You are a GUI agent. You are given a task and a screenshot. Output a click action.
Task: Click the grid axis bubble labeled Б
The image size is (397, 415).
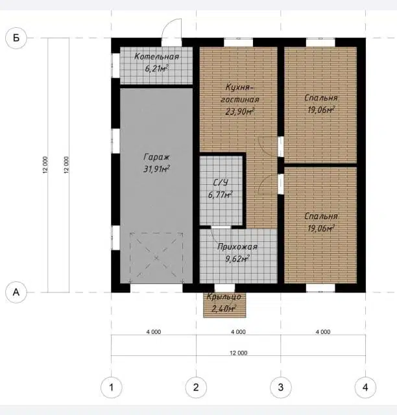16,38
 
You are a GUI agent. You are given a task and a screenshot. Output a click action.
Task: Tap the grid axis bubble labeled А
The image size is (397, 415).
16,292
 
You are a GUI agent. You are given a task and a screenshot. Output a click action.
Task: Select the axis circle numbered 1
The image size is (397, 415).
111,388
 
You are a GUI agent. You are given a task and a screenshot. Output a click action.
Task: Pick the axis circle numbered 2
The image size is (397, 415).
196,388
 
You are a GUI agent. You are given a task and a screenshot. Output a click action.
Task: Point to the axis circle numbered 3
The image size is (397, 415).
281,388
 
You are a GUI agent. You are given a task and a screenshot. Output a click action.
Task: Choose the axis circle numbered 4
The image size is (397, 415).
365,388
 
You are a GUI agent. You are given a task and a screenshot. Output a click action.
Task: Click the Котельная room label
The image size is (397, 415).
157,56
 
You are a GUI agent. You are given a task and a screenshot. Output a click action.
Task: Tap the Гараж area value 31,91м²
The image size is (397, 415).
156,169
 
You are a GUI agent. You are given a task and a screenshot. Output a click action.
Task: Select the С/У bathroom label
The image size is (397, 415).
221,183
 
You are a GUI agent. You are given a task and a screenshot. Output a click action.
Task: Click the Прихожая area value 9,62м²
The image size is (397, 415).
237,259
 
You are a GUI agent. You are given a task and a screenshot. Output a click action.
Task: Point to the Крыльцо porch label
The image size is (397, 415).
224,297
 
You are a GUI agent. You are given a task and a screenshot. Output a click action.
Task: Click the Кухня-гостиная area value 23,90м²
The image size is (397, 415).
240,112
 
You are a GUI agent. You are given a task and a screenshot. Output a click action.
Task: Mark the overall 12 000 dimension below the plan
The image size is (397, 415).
238,353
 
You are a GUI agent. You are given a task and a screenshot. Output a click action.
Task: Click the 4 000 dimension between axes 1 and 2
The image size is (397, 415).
154,332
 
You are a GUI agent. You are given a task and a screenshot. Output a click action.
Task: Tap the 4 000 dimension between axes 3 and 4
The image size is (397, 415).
323,332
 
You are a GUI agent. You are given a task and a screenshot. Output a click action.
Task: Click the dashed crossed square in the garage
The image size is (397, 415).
156,258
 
